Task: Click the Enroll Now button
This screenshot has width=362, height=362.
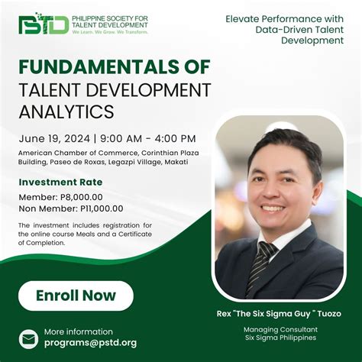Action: pyautogui.click(x=76, y=296)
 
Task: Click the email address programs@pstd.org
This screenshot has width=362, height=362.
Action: pyautogui.click(x=90, y=343)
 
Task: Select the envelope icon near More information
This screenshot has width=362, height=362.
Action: pyautogui.click(x=29, y=338)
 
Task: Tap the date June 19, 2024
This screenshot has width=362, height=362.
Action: pyautogui.click(x=51, y=138)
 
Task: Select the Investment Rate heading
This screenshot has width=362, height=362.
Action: pyautogui.click(x=60, y=182)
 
